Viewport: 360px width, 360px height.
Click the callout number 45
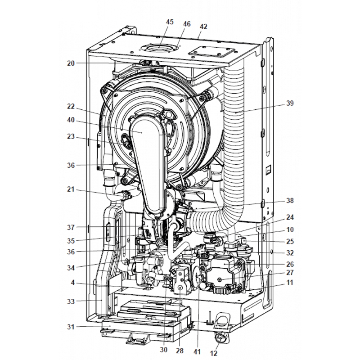point(170,22)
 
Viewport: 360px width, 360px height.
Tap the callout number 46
point(187,24)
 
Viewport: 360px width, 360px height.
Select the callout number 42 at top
point(203,27)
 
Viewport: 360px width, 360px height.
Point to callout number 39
point(290,103)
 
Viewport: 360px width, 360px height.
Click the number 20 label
point(71,63)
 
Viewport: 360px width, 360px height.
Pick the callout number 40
point(71,120)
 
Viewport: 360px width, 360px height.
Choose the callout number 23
point(71,136)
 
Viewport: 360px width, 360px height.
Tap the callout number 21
point(71,189)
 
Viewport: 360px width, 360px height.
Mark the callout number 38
point(290,200)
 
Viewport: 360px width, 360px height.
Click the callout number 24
point(290,217)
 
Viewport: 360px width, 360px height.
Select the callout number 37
point(71,228)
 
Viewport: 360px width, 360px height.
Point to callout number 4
point(73,283)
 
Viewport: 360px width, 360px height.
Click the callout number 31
point(71,327)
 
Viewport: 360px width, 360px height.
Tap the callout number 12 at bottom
point(214,353)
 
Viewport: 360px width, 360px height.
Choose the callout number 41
point(197,351)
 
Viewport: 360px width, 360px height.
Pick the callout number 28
point(180,351)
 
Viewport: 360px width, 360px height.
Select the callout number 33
point(71,301)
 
